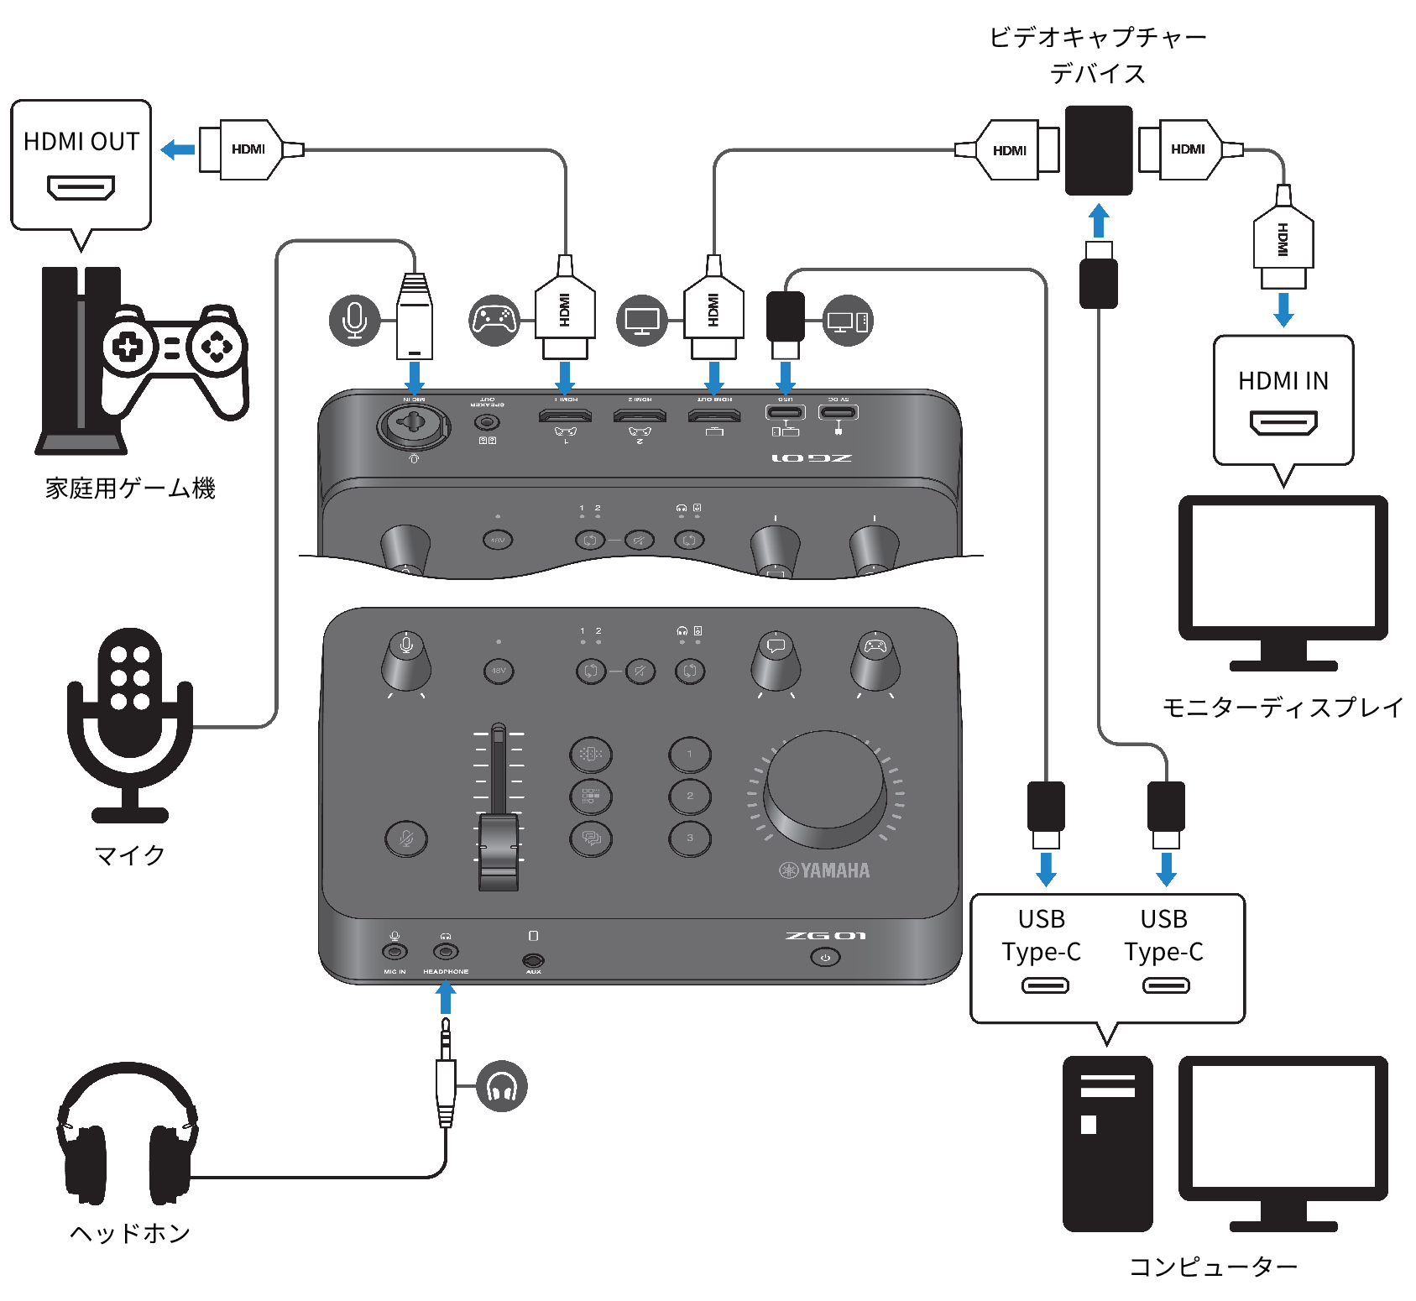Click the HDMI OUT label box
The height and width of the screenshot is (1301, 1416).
click(81, 165)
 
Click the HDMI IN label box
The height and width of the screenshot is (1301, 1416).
click(1283, 400)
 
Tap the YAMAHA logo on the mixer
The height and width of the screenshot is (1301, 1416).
click(824, 870)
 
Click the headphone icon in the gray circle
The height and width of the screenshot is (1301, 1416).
click(502, 1086)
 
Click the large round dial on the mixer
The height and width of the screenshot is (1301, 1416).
click(825, 789)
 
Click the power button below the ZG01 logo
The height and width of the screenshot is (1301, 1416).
click(825, 957)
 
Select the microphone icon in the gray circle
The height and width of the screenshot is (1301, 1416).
click(355, 320)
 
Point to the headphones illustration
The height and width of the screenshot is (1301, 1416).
click(127, 1133)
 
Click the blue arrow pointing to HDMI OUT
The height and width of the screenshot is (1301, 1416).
click(178, 149)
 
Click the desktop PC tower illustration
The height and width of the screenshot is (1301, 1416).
click(1107, 1143)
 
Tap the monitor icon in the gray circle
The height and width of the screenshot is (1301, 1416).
click(642, 321)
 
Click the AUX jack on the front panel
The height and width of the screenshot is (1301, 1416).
click(533, 959)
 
